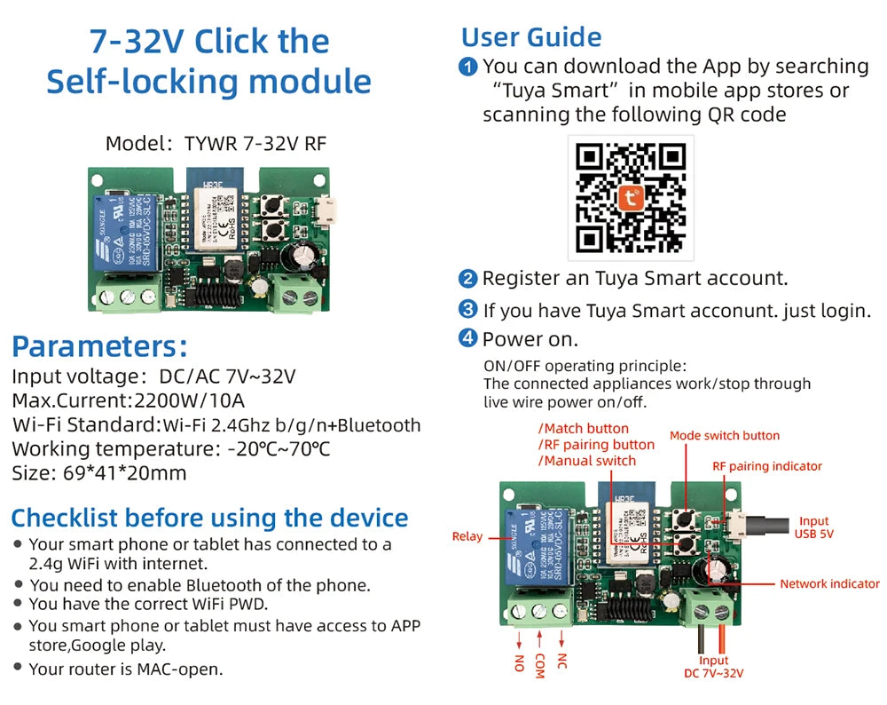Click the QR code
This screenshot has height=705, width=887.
tap(631, 197)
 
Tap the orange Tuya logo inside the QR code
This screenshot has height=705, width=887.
tap(631, 197)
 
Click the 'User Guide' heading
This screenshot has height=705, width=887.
tap(531, 37)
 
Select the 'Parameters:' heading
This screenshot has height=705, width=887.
tap(100, 345)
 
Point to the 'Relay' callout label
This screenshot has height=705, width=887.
tap(467, 536)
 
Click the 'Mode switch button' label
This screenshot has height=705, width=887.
tap(724, 435)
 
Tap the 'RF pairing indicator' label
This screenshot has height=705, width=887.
tap(767, 466)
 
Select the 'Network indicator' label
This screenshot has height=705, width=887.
tap(829, 583)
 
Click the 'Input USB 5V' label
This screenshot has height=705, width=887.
tap(813, 527)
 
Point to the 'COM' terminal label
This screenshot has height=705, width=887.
tap(539, 667)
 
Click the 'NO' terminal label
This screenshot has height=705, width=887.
tap(519, 663)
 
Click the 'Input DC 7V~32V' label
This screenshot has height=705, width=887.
tap(713, 667)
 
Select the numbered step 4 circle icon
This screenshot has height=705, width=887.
tap(467, 338)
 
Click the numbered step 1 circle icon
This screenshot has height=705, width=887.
tap(467, 67)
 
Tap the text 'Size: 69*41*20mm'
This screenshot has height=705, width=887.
tap(99, 472)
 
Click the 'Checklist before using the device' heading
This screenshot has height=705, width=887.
tap(209, 518)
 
